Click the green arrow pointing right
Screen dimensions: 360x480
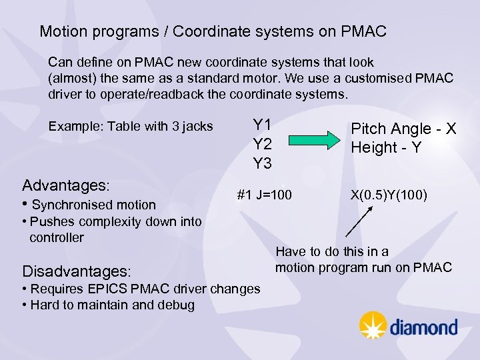pyautogui.click(x=313, y=140)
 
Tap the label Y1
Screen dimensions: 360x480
pyautogui.click(x=262, y=125)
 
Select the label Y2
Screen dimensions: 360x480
pyautogui.click(x=262, y=144)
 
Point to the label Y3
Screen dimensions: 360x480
pyautogui.click(x=262, y=163)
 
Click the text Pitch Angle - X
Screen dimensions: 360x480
pyautogui.click(x=403, y=129)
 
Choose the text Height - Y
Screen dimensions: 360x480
pyautogui.click(x=386, y=147)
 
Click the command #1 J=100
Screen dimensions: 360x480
pyautogui.click(x=265, y=196)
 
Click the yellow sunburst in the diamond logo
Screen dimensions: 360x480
pyautogui.click(x=373, y=325)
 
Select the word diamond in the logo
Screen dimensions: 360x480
pyautogui.click(x=423, y=327)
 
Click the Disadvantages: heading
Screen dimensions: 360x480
pyautogui.click(x=77, y=271)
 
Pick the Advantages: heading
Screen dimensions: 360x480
pyautogui.click(x=66, y=184)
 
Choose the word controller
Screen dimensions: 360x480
pyautogui.click(x=57, y=237)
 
